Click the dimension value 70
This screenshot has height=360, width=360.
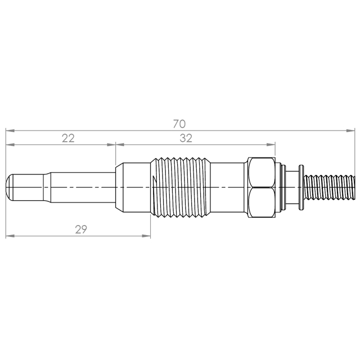pos(179,124)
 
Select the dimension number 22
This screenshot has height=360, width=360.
pos(68,138)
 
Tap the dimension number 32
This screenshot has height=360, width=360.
pos(186,138)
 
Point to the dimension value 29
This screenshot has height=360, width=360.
pos(81,229)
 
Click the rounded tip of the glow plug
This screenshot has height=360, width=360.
pos(9,187)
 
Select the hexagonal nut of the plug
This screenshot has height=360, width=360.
pos(262,187)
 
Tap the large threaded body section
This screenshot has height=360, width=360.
pos(181,187)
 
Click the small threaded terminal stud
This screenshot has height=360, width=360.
pos(329,187)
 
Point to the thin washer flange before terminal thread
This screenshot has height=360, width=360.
pos(301,187)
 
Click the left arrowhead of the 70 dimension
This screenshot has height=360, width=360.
pos(10,130)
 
